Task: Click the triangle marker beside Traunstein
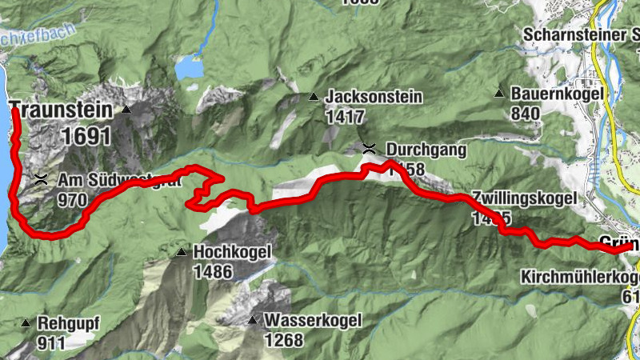(x=126, y=109)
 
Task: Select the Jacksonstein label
(x=374, y=97)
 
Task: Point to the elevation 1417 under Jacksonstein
(x=345, y=117)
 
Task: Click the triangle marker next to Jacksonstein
(x=314, y=98)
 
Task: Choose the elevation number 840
(x=525, y=114)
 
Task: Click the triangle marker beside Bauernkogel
(x=499, y=94)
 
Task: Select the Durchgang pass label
(x=426, y=149)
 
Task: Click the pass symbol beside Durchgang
(x=368, y=148)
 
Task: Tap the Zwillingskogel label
(x=522, y=197)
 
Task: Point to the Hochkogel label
(x=232, y=253)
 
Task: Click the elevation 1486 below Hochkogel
(x=212, y=272)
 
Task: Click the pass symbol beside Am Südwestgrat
(x=41, y=178)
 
